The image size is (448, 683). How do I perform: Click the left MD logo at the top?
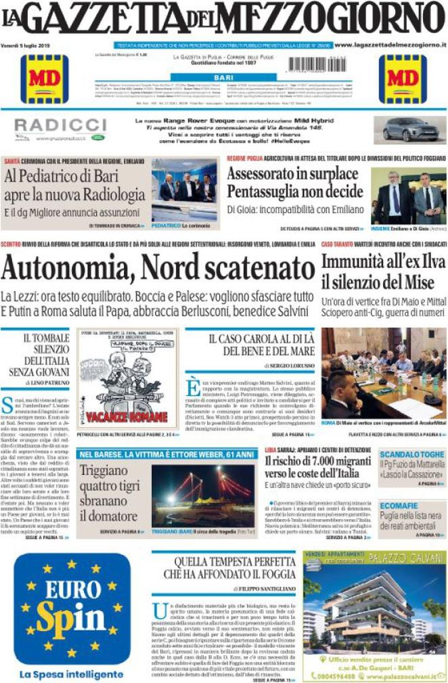(x=44, y=79)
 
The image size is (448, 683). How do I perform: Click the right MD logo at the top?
(x=403, y=79)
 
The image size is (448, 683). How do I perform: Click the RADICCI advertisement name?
(x=60, y=125)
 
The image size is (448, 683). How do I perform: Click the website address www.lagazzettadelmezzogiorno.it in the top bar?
(x=390, y=45)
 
